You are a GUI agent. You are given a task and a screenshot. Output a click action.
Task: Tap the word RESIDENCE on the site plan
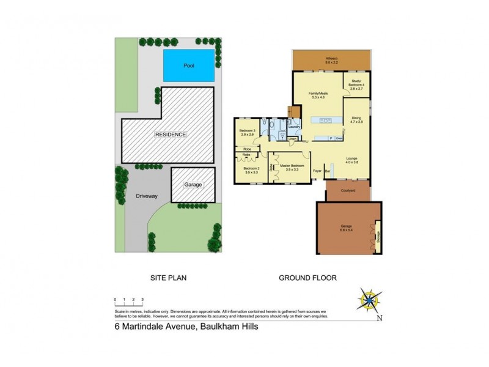pyautogui.click(x=171, y=134)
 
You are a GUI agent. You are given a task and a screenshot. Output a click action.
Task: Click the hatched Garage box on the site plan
pyautogui.click(x=193, y=185)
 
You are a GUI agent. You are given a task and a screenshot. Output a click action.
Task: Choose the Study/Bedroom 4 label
pyautogui.click(x=356, y=86)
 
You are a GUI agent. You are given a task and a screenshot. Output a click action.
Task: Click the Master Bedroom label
pyautogui.click(x=292, y=166)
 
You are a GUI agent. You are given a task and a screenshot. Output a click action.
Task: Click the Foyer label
pyautogui.click(x=317, y=171)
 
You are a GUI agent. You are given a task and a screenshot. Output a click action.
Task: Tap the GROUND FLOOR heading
pyautogui.click(x=308, y=278)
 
